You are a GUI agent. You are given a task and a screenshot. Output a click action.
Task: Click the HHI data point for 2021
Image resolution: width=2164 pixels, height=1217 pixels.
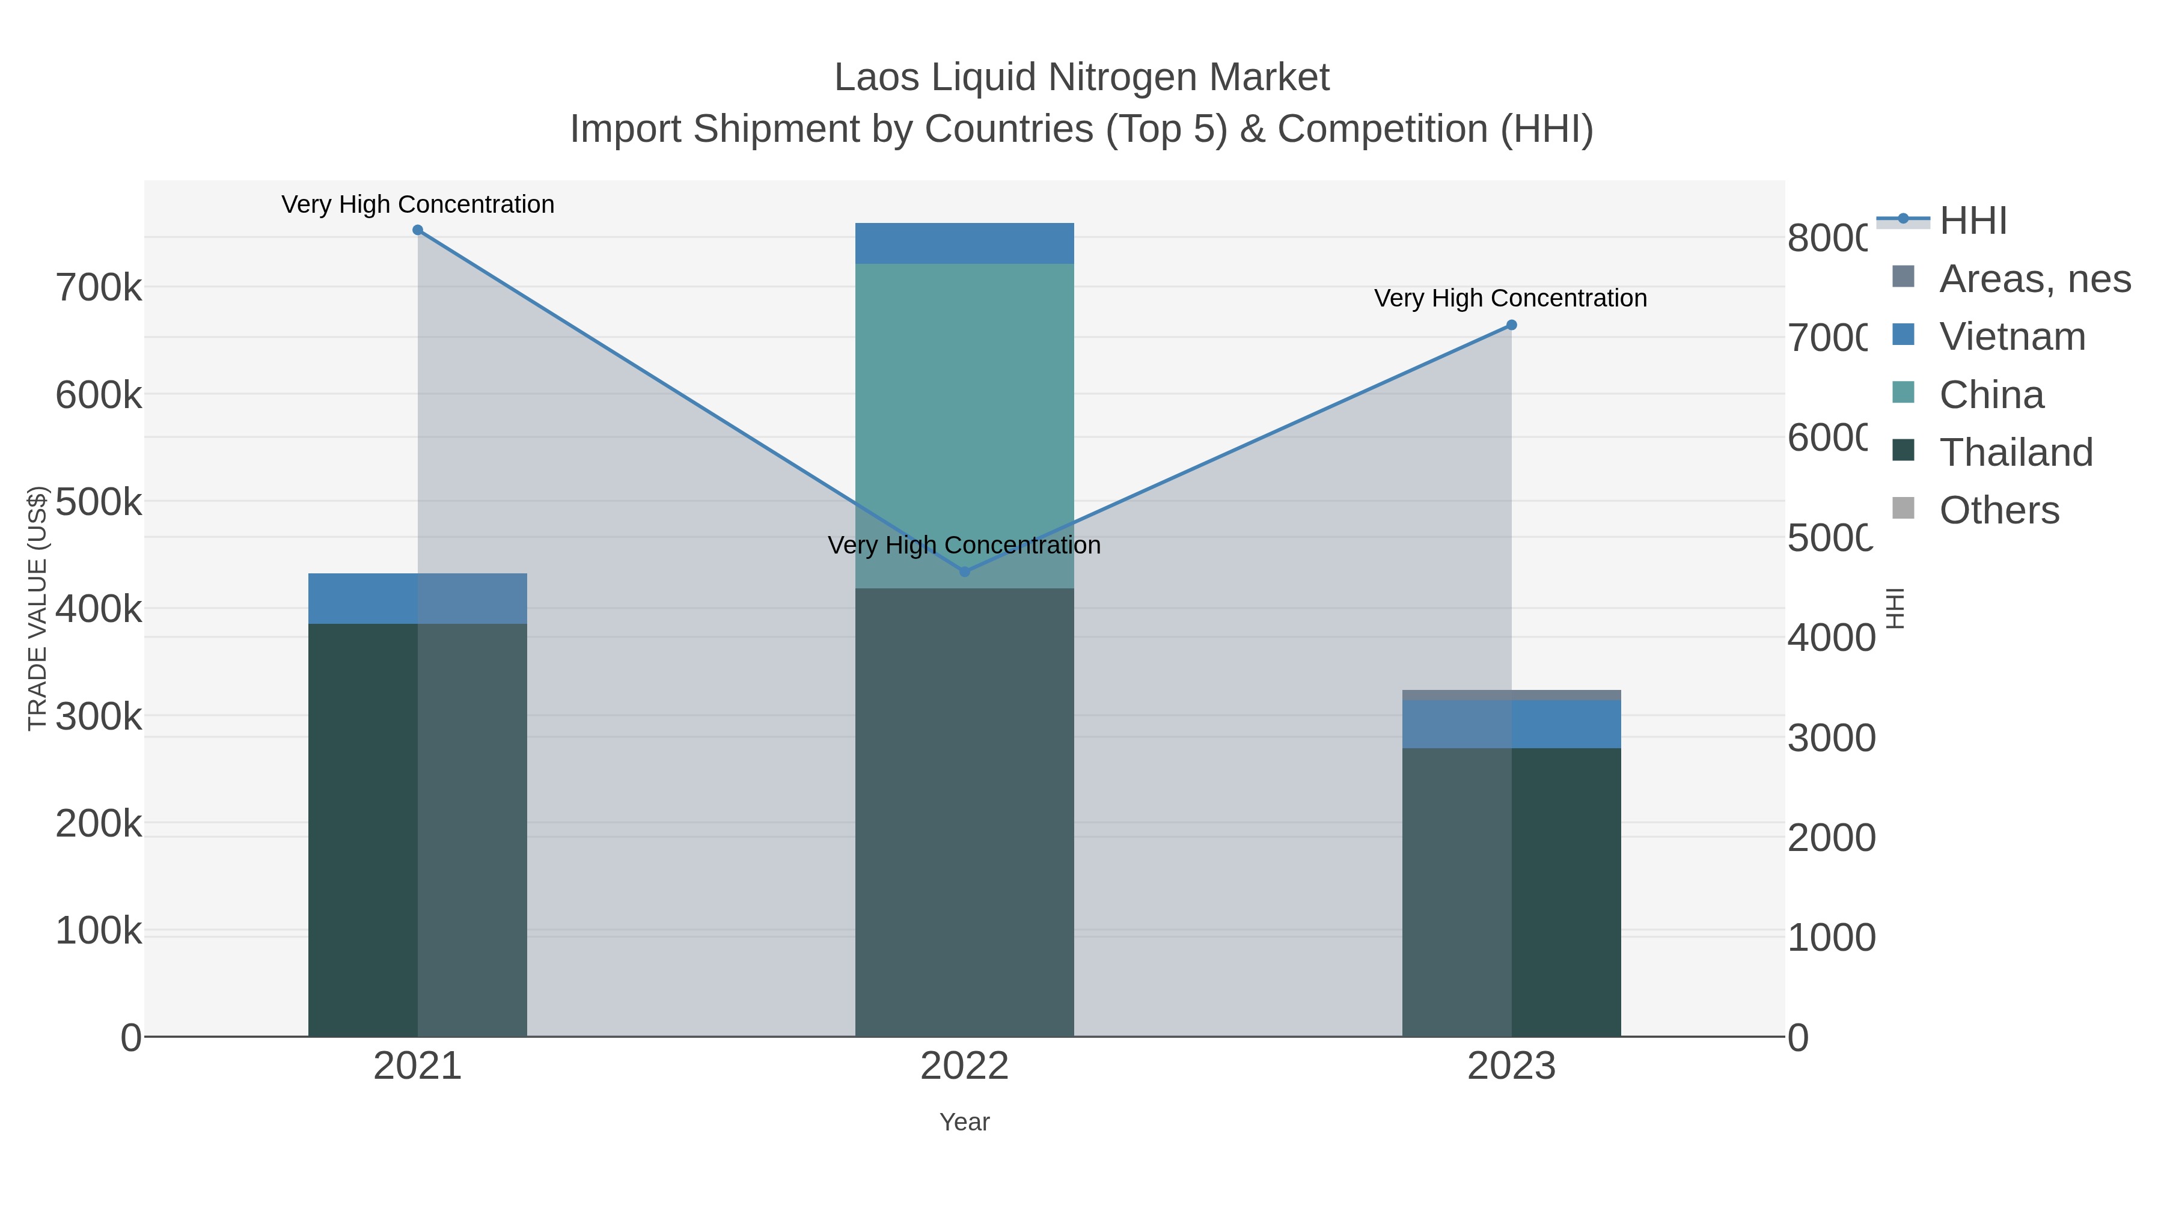[418, 230]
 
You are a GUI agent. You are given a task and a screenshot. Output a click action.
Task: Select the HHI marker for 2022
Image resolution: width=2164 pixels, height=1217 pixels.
[964, 572]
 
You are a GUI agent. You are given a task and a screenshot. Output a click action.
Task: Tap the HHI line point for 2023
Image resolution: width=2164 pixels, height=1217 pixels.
[1511, 325]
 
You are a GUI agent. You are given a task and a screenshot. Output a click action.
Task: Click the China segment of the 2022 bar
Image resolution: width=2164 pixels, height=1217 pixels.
[964, 420]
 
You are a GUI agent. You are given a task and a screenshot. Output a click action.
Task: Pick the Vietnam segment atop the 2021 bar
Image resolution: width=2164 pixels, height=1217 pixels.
[418, 599]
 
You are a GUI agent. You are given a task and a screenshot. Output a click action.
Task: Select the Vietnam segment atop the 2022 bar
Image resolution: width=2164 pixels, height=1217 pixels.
[964, 243]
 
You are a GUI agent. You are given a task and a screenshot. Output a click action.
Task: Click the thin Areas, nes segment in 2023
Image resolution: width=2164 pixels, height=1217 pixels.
[1511, 695]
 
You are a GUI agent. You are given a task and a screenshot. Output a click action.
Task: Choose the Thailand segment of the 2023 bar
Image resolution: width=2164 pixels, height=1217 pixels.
[1511, 890]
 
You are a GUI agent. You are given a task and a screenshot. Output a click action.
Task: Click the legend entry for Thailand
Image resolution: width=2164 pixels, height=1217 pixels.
[2016, 453]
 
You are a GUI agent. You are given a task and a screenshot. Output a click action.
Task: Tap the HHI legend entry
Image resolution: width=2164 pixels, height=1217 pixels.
[1972, 221]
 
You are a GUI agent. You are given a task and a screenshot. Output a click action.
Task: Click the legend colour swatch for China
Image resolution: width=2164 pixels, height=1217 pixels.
[1904, 392]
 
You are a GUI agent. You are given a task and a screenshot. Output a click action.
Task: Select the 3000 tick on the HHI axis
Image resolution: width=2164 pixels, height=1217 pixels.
[1830, 738]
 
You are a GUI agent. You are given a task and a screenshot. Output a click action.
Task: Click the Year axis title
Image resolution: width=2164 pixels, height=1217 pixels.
[964, 1122]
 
